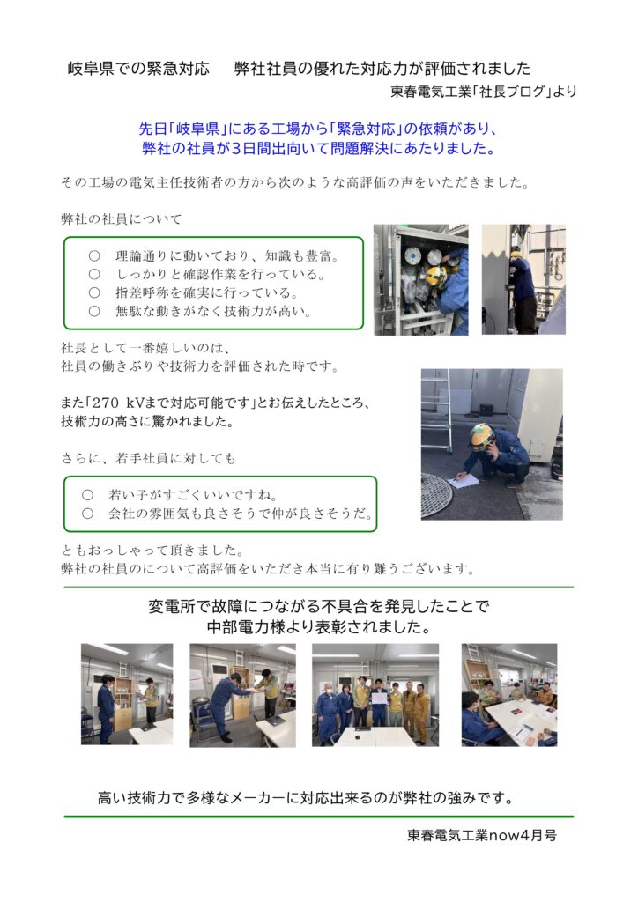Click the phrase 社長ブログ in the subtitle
click(x=512, y=92)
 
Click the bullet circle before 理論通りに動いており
click(x=94, y=256)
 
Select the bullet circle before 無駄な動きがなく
click(x=94, y=311)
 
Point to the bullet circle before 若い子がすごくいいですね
click(x=87, y=495)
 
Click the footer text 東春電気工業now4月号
click(x=481, y=835)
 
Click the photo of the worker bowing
click(x=242, y=695)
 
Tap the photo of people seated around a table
click(x=509, y=695)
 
